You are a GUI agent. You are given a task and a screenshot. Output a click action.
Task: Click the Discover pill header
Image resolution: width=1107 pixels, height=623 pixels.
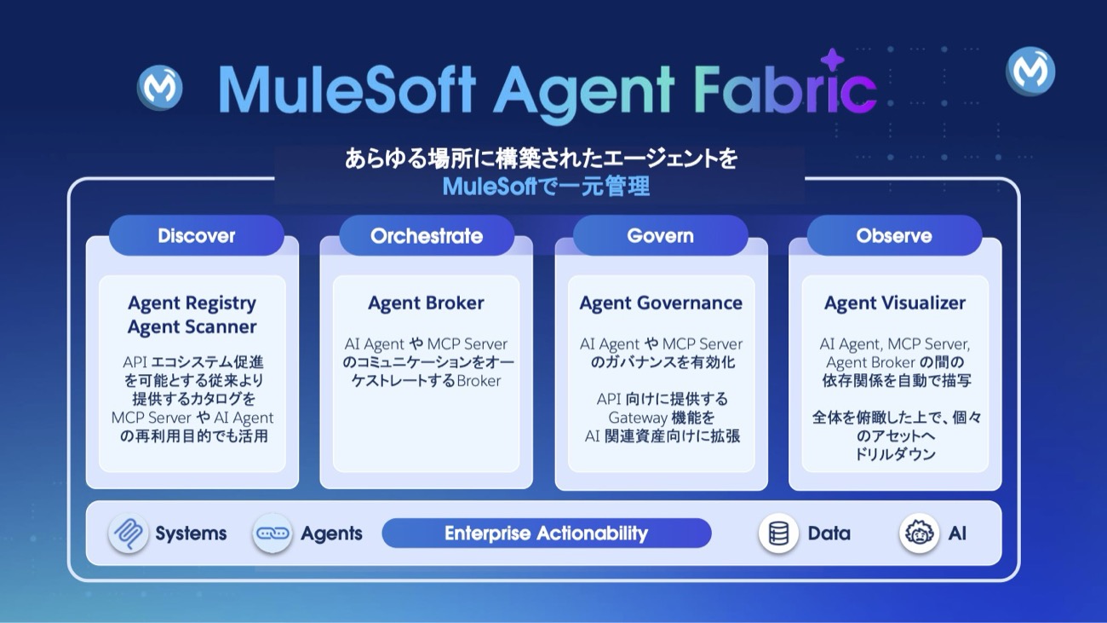click(x=196, y=235)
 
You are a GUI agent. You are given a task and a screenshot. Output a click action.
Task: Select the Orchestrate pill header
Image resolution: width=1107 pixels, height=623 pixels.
click(x=427, y=235)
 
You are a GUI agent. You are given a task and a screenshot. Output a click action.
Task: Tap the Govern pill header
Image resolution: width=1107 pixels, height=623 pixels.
click(x=660, y=235)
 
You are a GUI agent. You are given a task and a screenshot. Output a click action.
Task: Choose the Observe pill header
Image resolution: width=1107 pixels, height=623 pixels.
click(x=894, y=235)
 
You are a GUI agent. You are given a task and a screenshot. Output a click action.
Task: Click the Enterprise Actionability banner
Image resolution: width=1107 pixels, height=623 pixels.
click(x=547, y=533)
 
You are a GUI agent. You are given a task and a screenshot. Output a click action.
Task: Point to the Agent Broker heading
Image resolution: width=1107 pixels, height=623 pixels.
click(x=426, y=303)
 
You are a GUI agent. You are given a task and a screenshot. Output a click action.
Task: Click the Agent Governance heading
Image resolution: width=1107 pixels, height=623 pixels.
click(x=661, y=303)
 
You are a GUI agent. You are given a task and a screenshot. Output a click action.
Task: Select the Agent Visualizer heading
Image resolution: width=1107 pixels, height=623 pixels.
click(x=894, y=303)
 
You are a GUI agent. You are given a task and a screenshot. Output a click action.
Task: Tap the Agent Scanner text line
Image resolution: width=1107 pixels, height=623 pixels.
click(x=192, y=326)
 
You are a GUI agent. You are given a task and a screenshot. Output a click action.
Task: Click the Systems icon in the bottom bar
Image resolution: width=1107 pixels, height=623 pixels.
click(x=129, y=533)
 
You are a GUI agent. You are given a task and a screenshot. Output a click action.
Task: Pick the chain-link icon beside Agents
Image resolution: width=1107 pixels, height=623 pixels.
click(x=272, y=533)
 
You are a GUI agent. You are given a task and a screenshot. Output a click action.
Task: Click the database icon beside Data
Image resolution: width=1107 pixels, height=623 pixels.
click(x=778, y=533)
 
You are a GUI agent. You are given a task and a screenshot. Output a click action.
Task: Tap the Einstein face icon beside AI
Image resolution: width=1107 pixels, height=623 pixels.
click(x=919, y=533)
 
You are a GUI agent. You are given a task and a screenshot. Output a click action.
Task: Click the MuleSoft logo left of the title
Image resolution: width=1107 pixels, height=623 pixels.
click(x=159, y=88)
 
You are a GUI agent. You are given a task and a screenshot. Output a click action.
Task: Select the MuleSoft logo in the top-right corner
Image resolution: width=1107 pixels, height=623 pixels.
click(x=1030, y=72)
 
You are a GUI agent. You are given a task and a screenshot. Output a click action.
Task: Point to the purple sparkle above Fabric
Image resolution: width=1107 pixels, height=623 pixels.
click(x=832, y=61)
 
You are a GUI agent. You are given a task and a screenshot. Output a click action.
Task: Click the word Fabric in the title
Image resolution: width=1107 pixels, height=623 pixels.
click(x=785, y=89)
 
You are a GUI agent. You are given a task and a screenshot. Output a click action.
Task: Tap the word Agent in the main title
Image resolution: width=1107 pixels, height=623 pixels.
click(x=583, y=93)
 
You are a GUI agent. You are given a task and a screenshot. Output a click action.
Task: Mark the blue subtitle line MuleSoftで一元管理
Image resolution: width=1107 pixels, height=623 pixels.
click(x=546, y=187)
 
